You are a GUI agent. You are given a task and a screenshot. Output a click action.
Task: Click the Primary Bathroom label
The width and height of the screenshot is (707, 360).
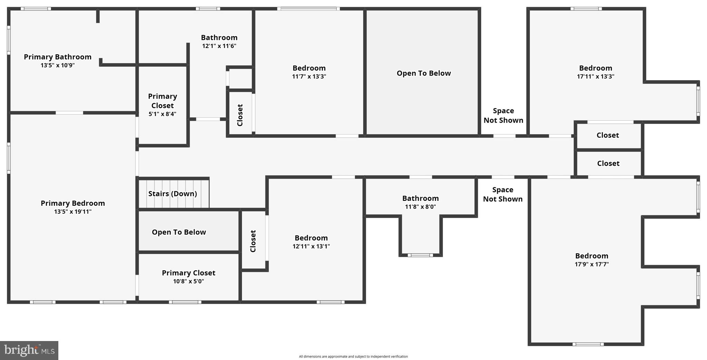coord(58,57)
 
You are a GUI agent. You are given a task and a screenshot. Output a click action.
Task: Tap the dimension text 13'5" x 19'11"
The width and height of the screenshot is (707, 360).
coord(73,212)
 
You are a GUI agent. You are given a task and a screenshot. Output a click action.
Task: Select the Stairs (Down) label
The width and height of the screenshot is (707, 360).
coord(173,194)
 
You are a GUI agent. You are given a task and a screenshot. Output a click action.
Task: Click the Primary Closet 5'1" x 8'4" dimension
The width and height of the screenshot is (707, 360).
coord(162,114)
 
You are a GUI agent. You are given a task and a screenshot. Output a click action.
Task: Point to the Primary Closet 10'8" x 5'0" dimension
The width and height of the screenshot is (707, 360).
coord(188,281)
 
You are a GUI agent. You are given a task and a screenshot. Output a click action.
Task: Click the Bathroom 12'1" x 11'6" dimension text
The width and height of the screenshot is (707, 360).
coord(219,46)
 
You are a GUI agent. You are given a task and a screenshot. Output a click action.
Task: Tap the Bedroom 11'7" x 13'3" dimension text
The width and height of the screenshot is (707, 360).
coord(309,77)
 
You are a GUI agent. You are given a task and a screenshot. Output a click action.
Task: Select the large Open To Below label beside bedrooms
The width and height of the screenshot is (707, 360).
coord(424,73)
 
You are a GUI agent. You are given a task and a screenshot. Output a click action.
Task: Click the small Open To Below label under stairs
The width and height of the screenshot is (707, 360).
coord(179,232)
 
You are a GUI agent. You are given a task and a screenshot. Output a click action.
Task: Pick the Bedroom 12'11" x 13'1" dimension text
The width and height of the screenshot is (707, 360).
coord(311,246)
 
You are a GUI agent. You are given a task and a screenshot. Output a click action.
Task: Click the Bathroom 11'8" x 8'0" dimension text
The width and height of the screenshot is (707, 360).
coord(420,207)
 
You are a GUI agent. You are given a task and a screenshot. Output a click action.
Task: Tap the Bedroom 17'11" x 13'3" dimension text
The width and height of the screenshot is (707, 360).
coord(595,77)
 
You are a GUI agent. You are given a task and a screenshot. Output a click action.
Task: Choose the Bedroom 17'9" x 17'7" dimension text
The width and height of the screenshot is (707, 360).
coord(592,264)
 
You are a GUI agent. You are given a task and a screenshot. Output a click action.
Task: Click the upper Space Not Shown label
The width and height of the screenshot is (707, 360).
coord(503,115)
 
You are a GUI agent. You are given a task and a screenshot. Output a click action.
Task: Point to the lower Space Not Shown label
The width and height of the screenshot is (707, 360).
coord(503,194)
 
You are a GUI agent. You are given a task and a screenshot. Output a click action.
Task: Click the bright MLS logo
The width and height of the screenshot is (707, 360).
coord(29,350)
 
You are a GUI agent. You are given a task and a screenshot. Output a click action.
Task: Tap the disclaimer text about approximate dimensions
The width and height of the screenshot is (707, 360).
coord(353,357)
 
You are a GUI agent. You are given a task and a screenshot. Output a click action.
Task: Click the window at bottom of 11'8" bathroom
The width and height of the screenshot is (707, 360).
coord(420,255)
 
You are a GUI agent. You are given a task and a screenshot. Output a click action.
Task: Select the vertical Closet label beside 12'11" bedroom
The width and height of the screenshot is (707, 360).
coord(253,241)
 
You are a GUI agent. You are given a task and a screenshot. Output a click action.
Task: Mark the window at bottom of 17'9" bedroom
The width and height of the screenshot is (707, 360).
coord(588,344)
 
